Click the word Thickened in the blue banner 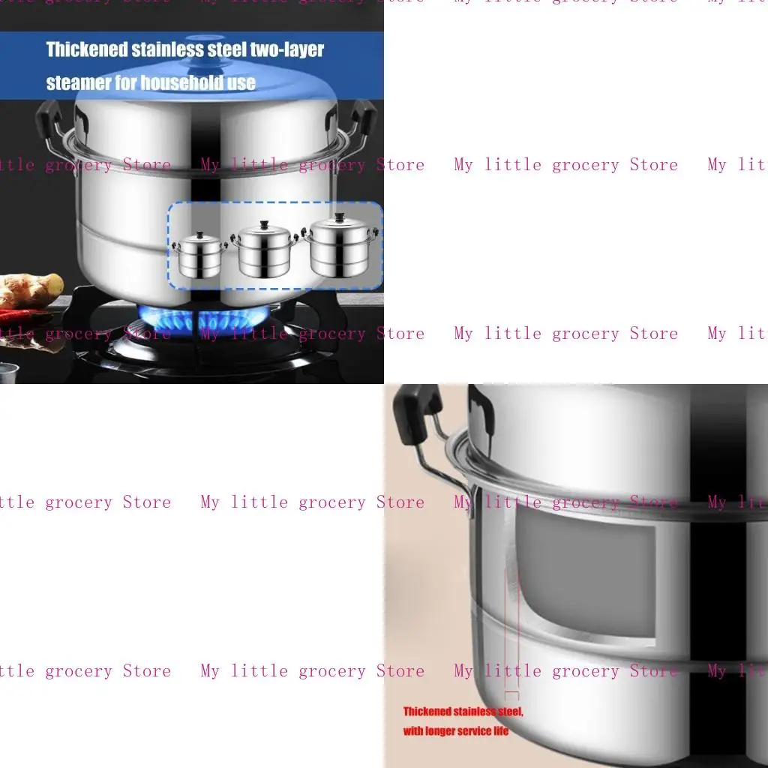[x=85, y=50]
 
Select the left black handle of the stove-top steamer [x=49, y=119]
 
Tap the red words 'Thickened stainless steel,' [x=463, y=711]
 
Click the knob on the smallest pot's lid [x=199, y=234]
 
